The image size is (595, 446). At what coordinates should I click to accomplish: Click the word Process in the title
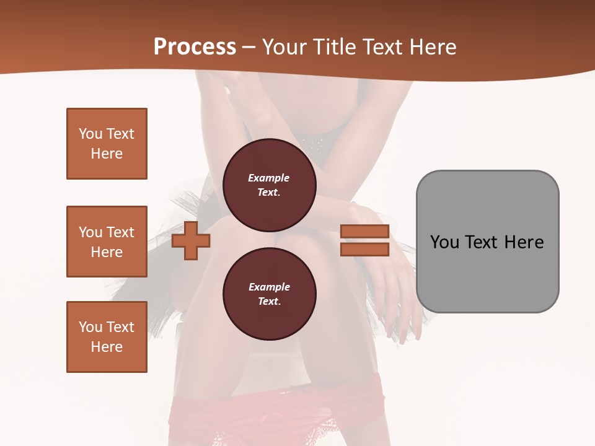coord(195,47)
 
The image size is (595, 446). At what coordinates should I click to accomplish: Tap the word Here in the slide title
coord(431,47)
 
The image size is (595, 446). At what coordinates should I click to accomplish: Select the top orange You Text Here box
coord(107,144)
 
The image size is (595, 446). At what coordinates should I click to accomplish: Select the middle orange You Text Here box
coord(107,242)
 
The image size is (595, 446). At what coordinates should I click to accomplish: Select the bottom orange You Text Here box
coord(107,337)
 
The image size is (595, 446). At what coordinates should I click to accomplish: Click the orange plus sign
coord(190,242)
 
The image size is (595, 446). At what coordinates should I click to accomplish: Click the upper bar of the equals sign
coord(364,232)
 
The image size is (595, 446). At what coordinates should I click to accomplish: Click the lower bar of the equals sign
coord(364,250)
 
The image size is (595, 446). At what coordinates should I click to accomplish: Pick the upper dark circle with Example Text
coord(269,185)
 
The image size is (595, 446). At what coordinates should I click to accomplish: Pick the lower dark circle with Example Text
coord(269,294)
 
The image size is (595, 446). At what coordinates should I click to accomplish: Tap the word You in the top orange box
coord(90,134)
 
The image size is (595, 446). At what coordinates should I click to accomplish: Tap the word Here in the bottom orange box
coord(107,347)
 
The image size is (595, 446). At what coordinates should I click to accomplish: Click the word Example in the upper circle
coord(269,178)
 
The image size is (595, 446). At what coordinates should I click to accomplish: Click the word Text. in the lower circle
coord(269,302)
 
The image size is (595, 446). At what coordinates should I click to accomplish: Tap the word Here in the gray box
coord(524,242)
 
